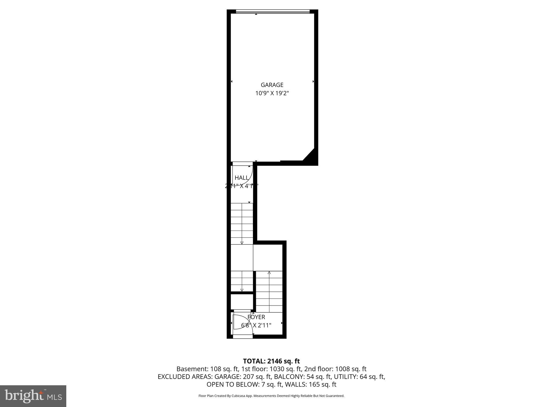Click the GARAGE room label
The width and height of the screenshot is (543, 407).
pos(272,85)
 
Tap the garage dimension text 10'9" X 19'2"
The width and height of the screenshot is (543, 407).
pos(272,93)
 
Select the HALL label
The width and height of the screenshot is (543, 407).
pos(242,178)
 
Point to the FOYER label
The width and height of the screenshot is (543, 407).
pos(256,317)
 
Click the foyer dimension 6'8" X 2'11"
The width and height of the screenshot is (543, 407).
pos(256,325)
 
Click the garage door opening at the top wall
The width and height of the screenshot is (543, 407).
pos(273,11)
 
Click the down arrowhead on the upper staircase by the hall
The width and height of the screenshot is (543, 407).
pos(242,242)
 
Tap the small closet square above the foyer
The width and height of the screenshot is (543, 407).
pos(242,302)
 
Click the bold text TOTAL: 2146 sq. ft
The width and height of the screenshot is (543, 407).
pos(271,361)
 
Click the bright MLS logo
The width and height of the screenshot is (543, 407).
pos(33,396)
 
